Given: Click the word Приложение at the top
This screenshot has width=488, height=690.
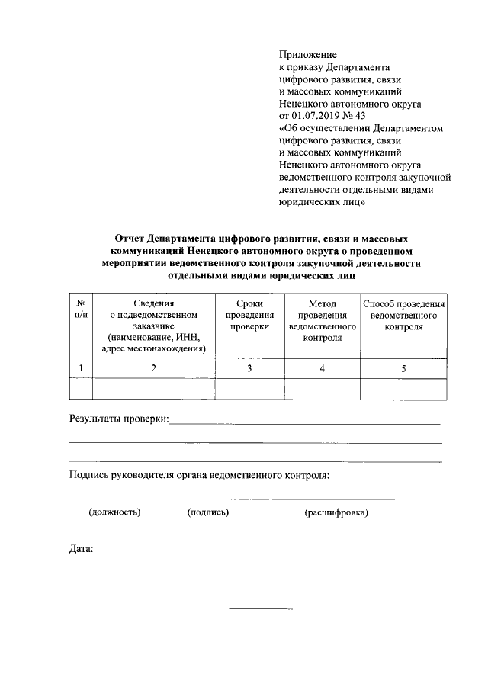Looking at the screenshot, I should pyautogui.click(x=308, y=55).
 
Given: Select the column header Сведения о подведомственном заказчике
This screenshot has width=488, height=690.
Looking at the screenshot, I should pyautogui.click(x=154, y=326).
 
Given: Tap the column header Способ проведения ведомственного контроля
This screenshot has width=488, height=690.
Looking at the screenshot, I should pyautogui.click(x=404, y=315).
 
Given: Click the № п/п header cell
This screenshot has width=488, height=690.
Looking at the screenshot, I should pyautogui.click(x=81, y=309).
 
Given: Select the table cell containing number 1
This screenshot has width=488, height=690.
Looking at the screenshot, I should pyautogui.click(x=81, y=368).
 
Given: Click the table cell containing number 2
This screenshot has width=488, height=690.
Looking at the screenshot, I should pyautogui.click(x=154, y=368).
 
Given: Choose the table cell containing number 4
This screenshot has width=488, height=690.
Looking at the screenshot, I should pyautogui.click(x=322, y=368).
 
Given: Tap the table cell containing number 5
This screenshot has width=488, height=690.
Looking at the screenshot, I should pyautogui.click(x=404, y=368).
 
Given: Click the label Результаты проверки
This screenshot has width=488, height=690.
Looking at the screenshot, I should pyautogui.click(x=119, y=418).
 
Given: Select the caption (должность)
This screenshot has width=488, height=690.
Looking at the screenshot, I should pyautogui.click(x=115, y=512).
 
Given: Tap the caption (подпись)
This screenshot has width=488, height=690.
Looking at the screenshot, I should pyautogui.click(x=208, y=512).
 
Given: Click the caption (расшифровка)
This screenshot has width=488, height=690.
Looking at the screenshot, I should pyautogui.click(x=335, y=512).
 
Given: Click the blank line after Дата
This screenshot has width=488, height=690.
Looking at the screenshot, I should pyautogui.click(x=136, y=550).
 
